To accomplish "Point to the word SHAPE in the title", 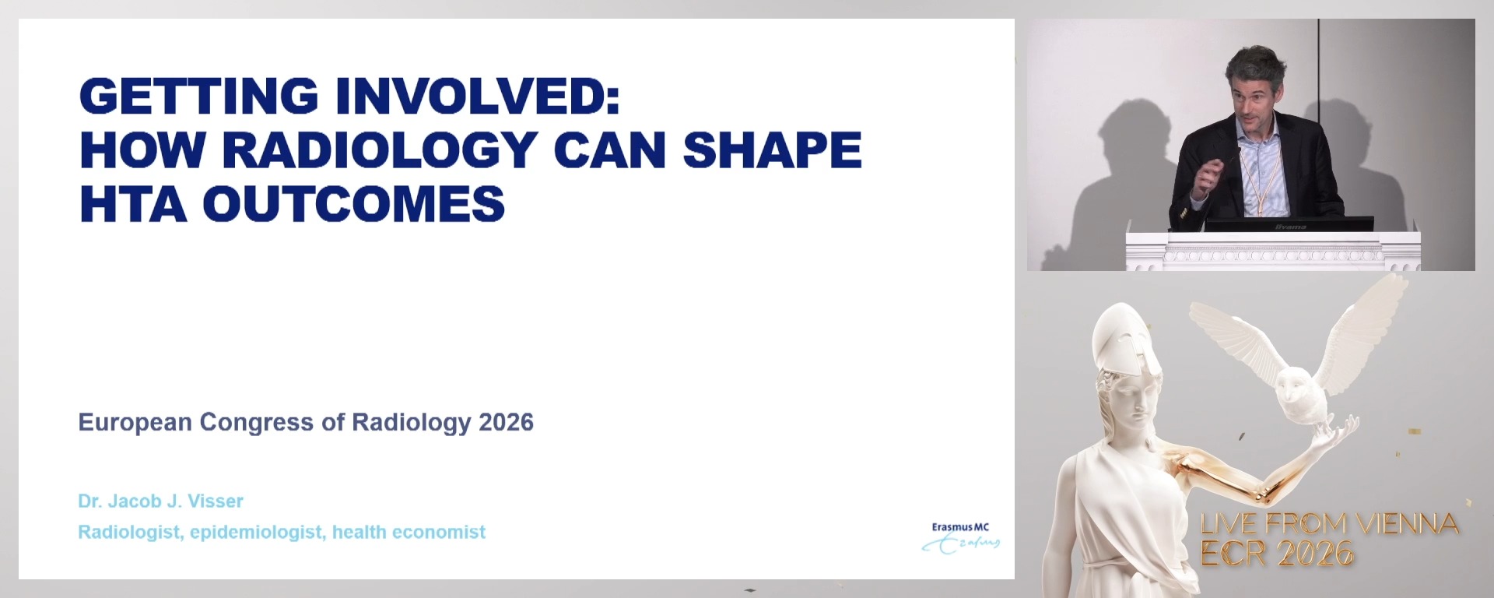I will click(x=772, y=149).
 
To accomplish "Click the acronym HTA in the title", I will click(x=133, y=203).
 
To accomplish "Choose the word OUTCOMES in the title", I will click(x=353, y=203).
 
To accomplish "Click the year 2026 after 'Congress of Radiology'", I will click(x=506, y=422).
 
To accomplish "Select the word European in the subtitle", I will click(x=135, y=422).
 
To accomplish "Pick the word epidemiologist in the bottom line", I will click(x=258, y=533).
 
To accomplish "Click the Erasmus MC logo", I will click(x=961, y=537).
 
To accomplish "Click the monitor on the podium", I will click(x=1289, y=225).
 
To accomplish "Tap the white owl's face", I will click(x=1295, y=384).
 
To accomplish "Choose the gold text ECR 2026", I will click(x=1277, y=553).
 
